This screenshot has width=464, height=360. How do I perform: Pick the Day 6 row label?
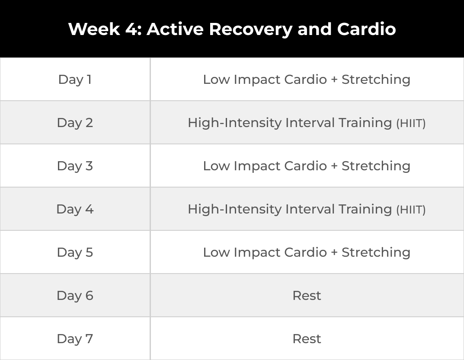(75, 296)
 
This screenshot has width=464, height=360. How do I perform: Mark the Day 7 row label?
(75, 339)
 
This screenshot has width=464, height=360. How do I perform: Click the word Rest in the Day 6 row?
(307, 296)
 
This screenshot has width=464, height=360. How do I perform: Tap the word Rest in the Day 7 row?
(307, 339)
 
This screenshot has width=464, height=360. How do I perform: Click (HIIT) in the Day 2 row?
(411, 123)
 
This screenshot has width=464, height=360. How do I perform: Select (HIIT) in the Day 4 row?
(411, 210)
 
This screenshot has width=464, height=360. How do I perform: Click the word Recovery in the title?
(251, 29)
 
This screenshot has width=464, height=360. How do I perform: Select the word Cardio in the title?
(366, 29)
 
